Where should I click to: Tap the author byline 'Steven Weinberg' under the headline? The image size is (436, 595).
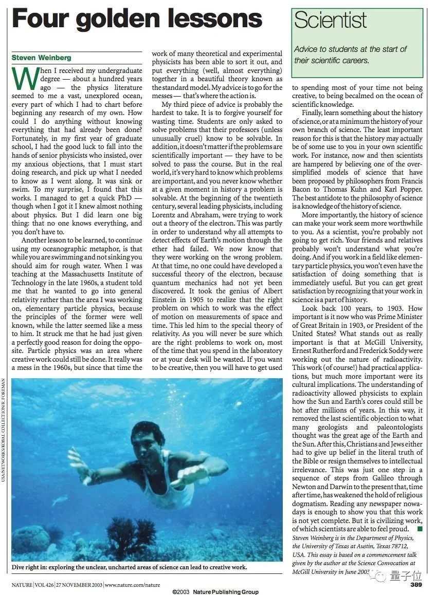pos(41,58)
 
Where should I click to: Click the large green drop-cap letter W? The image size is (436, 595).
pos(24,78)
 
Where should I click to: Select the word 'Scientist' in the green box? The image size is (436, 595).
pos(330,20)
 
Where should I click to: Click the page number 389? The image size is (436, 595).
pos(417,584)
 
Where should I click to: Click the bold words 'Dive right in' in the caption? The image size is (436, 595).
pos(33,567)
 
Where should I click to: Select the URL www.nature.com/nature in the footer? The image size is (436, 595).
pos(132,584)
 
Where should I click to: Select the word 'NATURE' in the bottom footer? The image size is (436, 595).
pos(22,584)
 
